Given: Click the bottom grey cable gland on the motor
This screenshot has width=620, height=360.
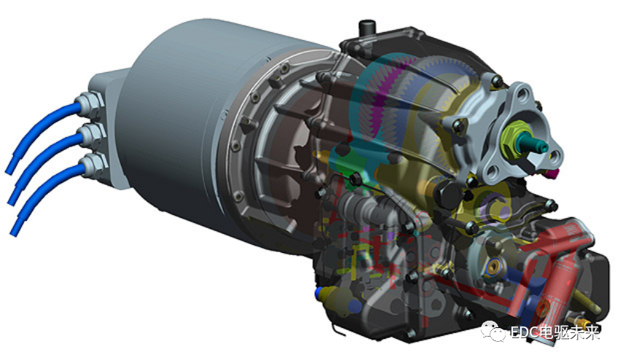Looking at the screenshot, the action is tap(95, 166).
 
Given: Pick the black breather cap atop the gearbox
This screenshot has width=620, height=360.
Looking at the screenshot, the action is tap(367, 28).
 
